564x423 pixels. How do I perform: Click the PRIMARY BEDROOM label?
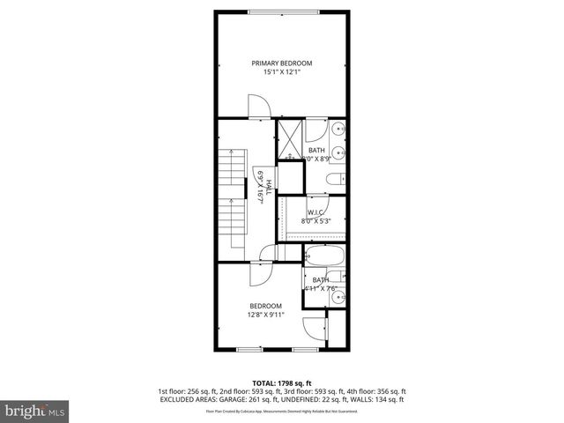tap(281, 63)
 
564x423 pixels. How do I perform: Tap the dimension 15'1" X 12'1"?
tap(281, 72)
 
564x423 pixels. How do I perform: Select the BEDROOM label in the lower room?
tap(264, 306)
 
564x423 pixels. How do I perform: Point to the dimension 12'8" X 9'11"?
tap(264, 315)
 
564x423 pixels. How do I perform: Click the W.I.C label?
tap(315, 213)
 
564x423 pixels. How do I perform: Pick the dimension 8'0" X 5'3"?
tap(315, 222)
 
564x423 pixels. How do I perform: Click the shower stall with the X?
tap(290, 139)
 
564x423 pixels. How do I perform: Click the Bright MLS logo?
tap(35, 411)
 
